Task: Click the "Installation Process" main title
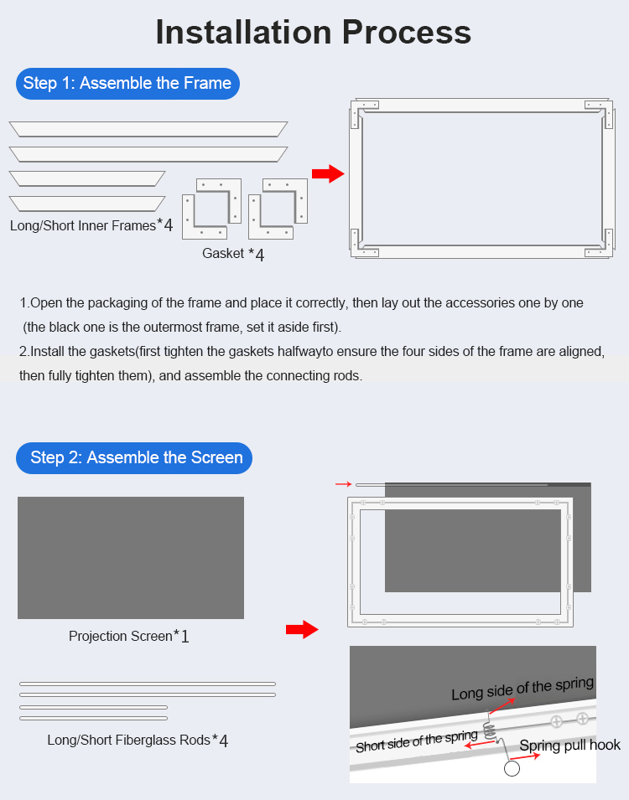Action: point(313,32)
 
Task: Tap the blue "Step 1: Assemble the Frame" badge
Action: point(127,84)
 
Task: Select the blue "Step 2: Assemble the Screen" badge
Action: point(134,457)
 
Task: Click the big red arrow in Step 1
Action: point(328,173)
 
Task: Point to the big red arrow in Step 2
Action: point(302,629)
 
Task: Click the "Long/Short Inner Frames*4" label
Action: point(91,225)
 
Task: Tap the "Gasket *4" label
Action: point(233,254)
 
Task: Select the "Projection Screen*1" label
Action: point(129,636)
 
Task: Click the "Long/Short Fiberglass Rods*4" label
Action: point(138,740)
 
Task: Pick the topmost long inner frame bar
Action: point(148,129)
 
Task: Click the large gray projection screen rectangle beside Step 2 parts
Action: point(131,558)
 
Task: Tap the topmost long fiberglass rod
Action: point(148,684)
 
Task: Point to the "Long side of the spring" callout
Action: point(522,689)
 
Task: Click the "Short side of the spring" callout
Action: point(417,741)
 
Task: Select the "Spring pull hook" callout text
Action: point(569,746)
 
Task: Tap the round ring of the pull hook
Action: point(512,768)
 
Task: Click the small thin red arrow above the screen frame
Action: point(343,483)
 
